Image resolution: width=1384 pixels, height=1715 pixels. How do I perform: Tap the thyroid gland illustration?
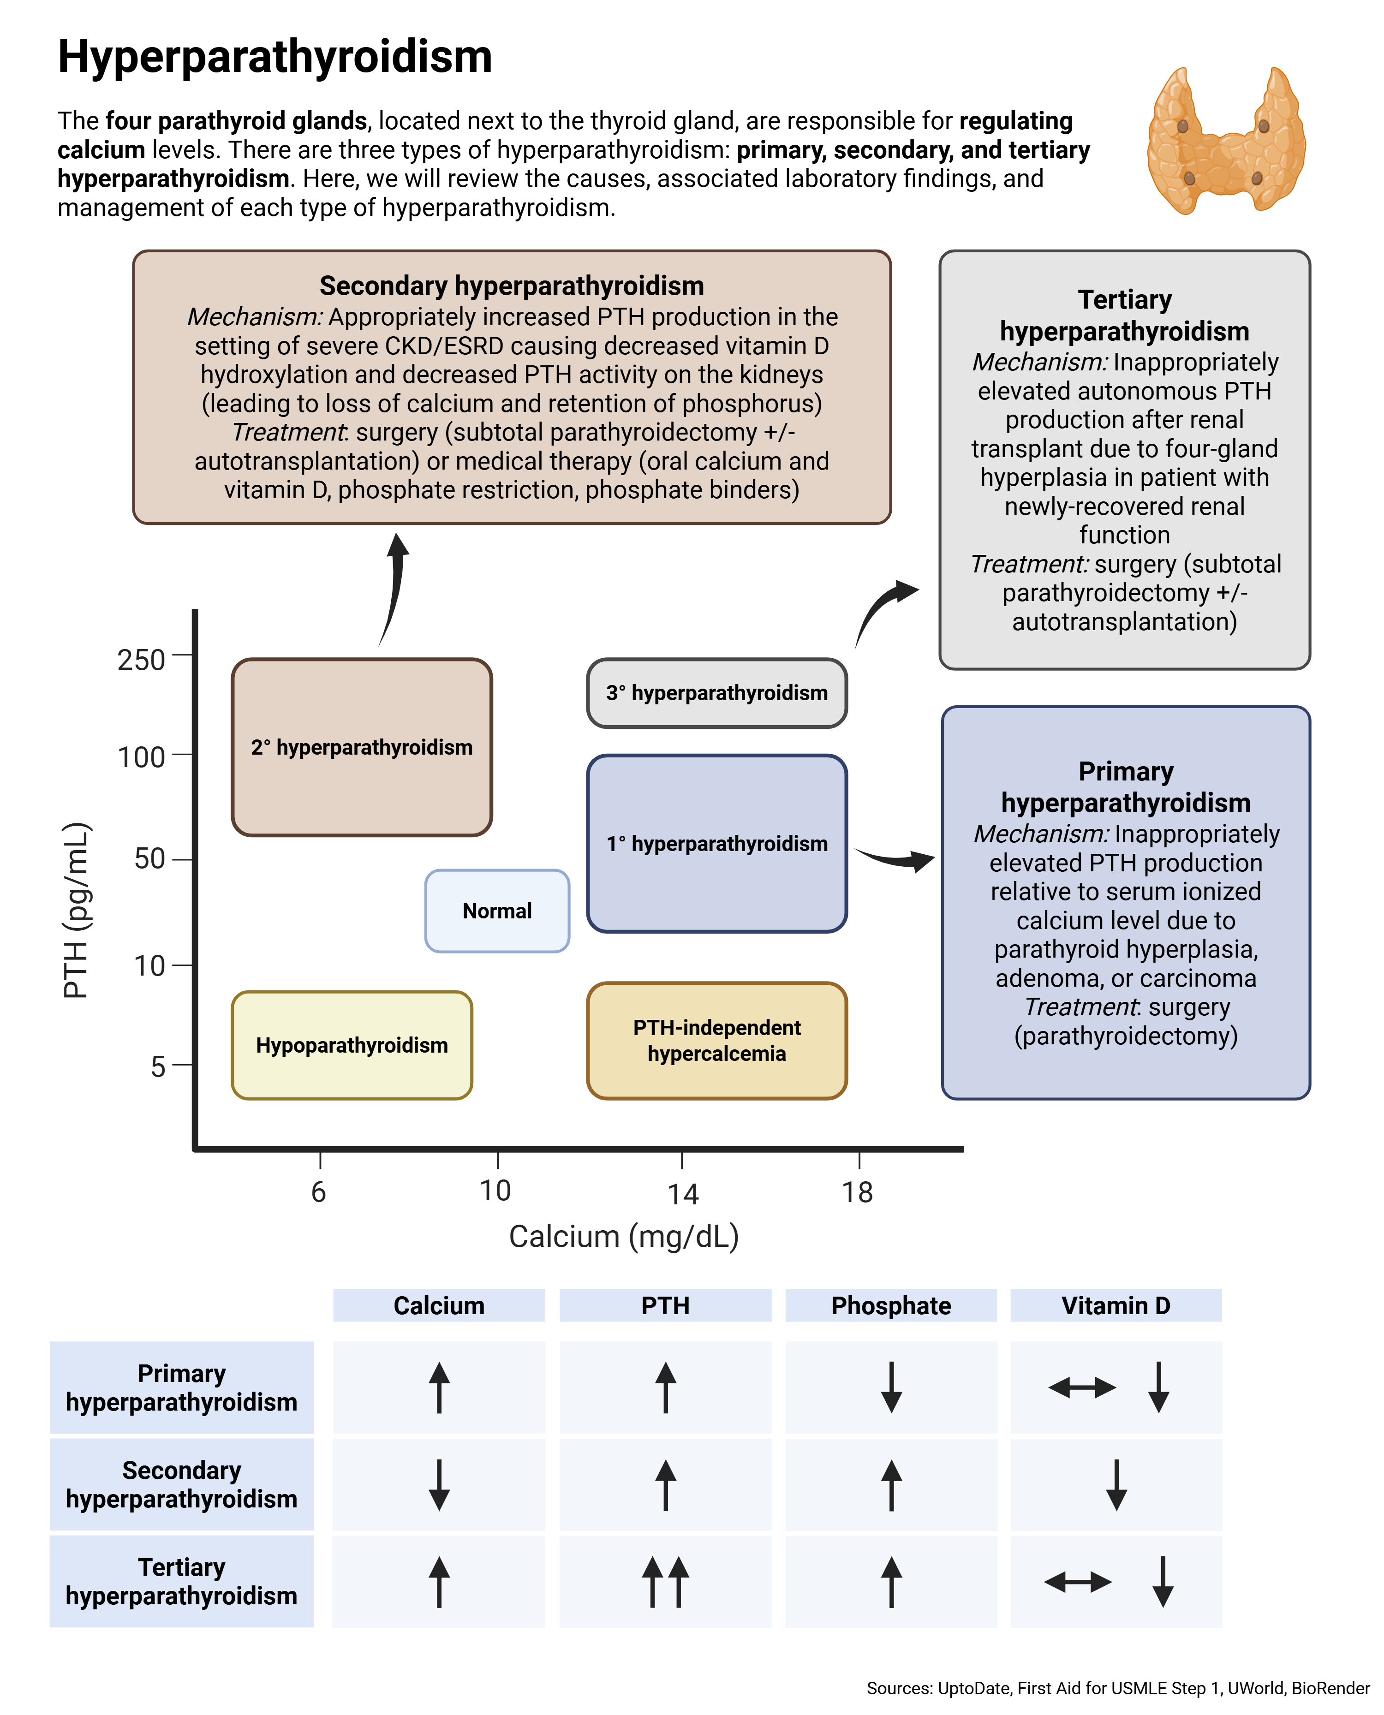[1225, 142]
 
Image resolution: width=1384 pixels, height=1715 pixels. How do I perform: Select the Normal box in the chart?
[497, 911]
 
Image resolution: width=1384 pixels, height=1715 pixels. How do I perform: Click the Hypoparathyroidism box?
[352, 1045]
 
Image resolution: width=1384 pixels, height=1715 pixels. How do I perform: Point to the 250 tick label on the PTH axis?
[141, 660]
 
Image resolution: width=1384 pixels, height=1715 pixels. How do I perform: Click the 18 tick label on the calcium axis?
[857, 1192]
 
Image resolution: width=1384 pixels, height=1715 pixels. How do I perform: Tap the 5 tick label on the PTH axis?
[158, 1066]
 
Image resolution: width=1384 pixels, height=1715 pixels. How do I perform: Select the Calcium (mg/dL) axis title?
[623, 1236]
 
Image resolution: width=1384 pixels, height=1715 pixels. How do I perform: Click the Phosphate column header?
[890, 1305]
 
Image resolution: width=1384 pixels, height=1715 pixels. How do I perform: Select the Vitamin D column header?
[1116, 1305]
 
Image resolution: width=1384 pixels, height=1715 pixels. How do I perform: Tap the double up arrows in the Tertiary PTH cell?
[665, 1582]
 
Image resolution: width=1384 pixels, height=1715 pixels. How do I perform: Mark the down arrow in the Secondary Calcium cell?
[438, 1485]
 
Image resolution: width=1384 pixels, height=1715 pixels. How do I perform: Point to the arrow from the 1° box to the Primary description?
[895, 858]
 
